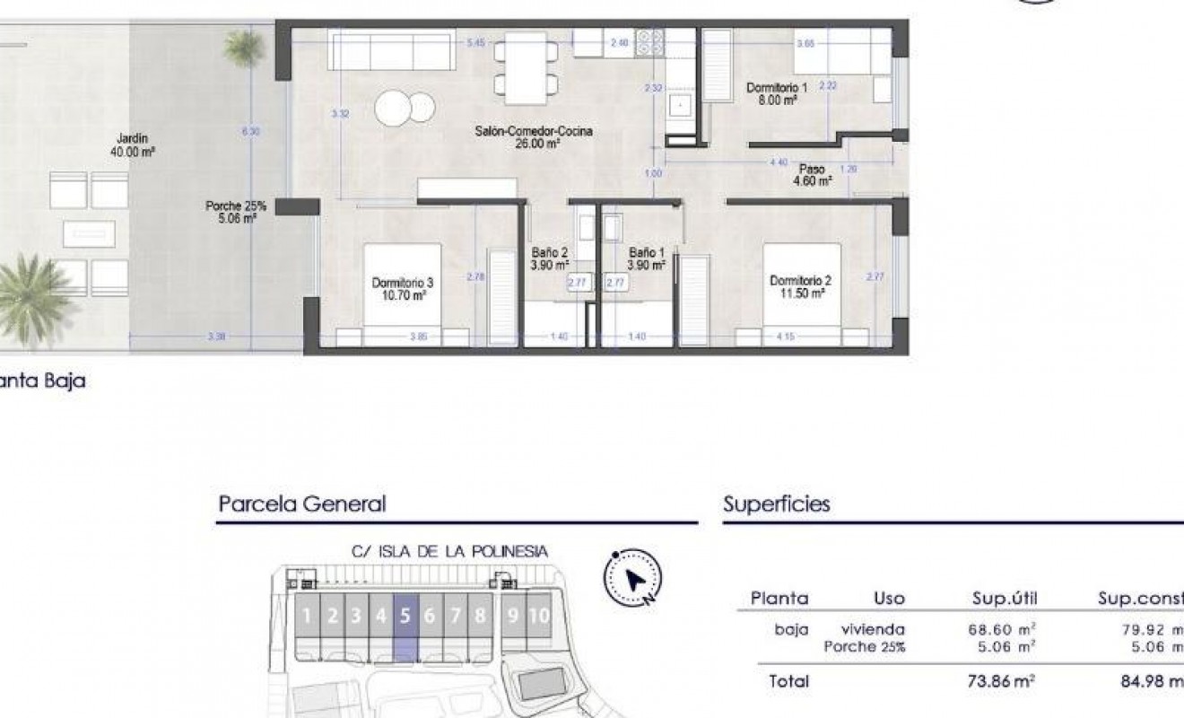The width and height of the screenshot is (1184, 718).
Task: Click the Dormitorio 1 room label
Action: (778, 94)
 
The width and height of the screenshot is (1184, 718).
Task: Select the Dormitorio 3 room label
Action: (399, 287)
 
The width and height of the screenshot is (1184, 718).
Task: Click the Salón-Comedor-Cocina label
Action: (534, 136)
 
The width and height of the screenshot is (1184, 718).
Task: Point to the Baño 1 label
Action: (646, 258)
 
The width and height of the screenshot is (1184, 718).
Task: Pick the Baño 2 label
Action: (550, 258)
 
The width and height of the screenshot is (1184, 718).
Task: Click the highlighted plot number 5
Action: (405, 616)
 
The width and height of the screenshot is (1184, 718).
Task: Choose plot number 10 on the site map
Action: (538, 616)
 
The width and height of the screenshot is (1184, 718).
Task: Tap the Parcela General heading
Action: (301, 503)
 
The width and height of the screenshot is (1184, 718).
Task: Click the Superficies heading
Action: (777, 503)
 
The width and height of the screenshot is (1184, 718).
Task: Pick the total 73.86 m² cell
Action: (1004, 681)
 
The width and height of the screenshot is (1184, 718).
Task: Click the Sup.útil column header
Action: (1004, 598)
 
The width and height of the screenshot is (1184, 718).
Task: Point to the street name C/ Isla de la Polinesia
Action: (449, 551)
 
